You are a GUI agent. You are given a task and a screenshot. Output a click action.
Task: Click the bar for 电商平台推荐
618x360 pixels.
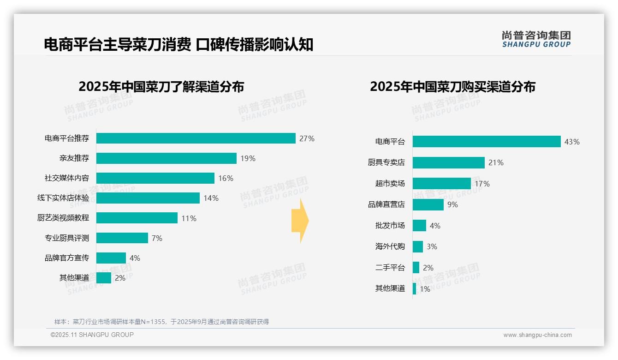[x=196, y=138]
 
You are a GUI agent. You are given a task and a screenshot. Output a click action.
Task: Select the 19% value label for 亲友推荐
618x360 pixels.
[x=248, y=158]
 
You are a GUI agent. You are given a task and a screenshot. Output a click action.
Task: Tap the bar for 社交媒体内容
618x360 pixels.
[x=155, y=178]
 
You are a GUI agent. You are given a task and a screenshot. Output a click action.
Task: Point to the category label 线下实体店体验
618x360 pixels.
[x=63, y=198]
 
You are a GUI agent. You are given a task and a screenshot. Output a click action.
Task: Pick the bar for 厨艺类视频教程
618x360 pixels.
[x=137, y=218]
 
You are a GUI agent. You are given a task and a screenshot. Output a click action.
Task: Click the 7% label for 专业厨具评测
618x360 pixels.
[x=157, y=238]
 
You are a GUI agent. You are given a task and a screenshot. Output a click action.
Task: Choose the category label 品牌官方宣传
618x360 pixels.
[x=67, y=258]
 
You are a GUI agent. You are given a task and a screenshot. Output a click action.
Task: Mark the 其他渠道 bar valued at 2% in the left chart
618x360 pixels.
[x=104, y=278]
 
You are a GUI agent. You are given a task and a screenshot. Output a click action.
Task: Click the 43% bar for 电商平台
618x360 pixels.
[x=487, y=142]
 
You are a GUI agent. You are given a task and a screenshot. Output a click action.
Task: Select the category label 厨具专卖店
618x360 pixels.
[x=386, y=162]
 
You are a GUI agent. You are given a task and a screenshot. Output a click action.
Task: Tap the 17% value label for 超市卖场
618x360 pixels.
[x=482, y=184]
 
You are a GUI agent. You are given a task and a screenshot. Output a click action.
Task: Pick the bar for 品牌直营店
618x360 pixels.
[x=428, y=204]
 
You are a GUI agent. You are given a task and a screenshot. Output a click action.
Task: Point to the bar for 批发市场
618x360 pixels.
[x=419, y=226]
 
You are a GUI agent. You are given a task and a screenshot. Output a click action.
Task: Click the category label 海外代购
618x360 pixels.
[x=390, y=246]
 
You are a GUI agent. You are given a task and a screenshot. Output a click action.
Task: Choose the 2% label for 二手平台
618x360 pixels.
[x=428, y=268]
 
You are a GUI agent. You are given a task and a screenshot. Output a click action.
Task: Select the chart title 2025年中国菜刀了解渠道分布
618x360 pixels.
[x=161, y=87]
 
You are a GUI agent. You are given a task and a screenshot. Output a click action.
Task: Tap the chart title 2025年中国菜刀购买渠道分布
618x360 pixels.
[x=452, y=87]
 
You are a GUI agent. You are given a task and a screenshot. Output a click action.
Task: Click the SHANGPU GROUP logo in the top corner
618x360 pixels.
[x=536, y=39]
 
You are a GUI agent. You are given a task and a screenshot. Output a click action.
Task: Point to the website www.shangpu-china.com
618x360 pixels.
[x=537, y=335]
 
